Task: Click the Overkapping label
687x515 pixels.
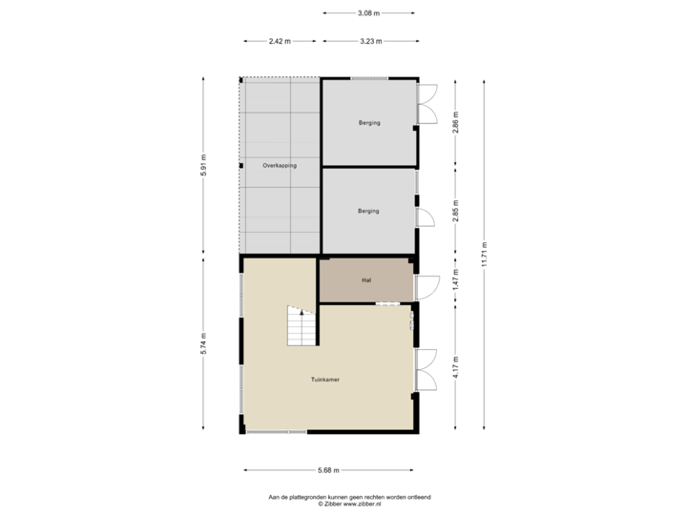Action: tap(280, 166)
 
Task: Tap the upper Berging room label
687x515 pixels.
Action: tap(368, 123)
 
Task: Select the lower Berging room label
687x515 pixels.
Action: tap(368, 211)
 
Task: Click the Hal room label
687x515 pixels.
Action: tap(366, 280)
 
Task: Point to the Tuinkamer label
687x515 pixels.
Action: tap(325, 379)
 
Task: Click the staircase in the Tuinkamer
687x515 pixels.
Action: tap(302, 327)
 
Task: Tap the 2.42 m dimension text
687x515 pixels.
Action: tap(280, 41)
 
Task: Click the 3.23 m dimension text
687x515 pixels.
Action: tap(370, 41)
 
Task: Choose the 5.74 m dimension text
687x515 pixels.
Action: tap(203, 345)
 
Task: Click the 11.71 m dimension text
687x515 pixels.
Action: tap(484, 255)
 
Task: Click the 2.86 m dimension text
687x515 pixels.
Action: tap(455, 125)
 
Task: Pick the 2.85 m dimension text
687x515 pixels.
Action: tap(455, 212)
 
